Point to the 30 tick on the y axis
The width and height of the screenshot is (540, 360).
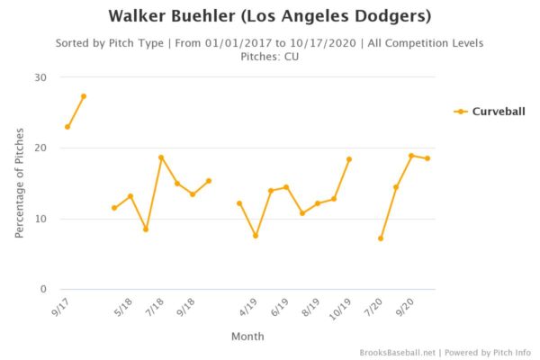pyautogui.click(x=40, y=77)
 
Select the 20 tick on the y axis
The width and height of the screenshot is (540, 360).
pyautogui.click(x=40, y=148)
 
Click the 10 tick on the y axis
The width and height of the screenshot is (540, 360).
pyautogui.click(x=40, y=219)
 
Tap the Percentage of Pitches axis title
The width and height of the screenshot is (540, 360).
pyautogui.click(x=19, y=184)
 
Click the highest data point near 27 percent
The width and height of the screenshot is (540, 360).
pyautogui.click(x=84, y=96)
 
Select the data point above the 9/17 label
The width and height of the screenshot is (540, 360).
pyautogui.click(x=67, y=127)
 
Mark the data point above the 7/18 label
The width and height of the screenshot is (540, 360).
pyautogui.click(x=161, y=157)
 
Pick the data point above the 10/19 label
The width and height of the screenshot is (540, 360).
pyautogui.click(x=349, y=159)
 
